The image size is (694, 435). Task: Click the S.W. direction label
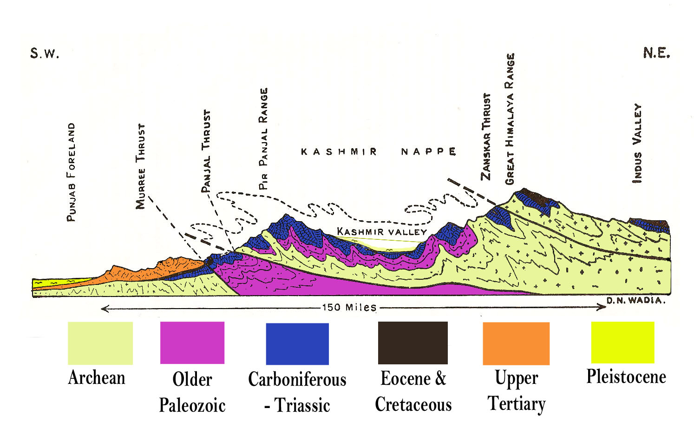pyautogui.click(x=45, y=53)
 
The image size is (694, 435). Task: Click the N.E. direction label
pyautogui.click(x=656, y=53)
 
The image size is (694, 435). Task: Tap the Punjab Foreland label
pyautogui.click(x=71, y=172)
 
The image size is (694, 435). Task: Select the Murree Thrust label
pyautogui.click(x=140, y=166)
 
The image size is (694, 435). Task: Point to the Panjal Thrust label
pyautogui.click(x=206, y=151)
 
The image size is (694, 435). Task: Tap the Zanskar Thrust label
pyautogui.click(x=486, y=137)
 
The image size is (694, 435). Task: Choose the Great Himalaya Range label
pyautogui.click(x=510, y=119)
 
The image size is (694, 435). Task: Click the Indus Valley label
pyautogui.click(x=637, y=143)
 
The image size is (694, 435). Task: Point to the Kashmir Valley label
pyautogui.click(x=381, y=231)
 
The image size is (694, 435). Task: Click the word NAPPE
pyautogui.click(x=428, y=152)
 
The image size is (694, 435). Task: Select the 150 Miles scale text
pyautogui.click(x=349, y=307)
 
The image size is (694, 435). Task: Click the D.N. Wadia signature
pyautogui.click(x=636, y=300)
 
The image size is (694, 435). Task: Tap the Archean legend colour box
pyautogui.click(x=100, y=343)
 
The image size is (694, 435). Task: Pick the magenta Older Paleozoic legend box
pyautogui.click(x=192, y=343)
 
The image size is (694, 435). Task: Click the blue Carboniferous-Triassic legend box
pyautogui.click(x=297, y=343)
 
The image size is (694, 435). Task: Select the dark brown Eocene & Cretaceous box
pyautogui.click(x=412, y=343)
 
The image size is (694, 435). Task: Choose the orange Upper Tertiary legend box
pyautogui.click(x=516, y=343)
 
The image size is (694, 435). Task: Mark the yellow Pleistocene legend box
pyautogui.click(x=622, y=342)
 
